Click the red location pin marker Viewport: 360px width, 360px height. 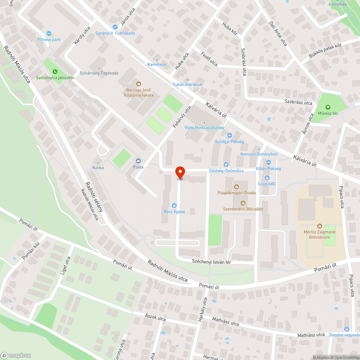tap(180, 172)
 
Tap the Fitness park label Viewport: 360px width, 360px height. tap(49, 40)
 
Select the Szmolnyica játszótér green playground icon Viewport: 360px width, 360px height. tap(55, 71)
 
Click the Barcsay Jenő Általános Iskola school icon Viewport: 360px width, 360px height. tap(138, 84)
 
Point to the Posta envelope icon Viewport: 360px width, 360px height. tap(138, 161)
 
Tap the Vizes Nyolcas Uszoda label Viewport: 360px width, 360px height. tap(204, 127)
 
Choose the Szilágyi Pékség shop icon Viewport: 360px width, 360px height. tap(229, 135)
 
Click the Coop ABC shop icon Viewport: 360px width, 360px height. tap(267, 178)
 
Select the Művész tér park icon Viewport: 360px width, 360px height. tap(328, 107)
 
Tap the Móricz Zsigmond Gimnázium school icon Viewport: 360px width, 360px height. tap(320, 226)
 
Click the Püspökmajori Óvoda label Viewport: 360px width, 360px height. tap(237, 193)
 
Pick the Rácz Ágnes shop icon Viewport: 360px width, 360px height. tap(174, 206)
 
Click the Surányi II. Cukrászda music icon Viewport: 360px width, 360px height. tap(115, 27)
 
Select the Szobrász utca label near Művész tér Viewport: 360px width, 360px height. tap(298, 103)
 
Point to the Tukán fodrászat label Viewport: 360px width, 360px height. tap(188, 84)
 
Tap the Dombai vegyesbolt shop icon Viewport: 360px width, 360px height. tap(346, 329)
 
